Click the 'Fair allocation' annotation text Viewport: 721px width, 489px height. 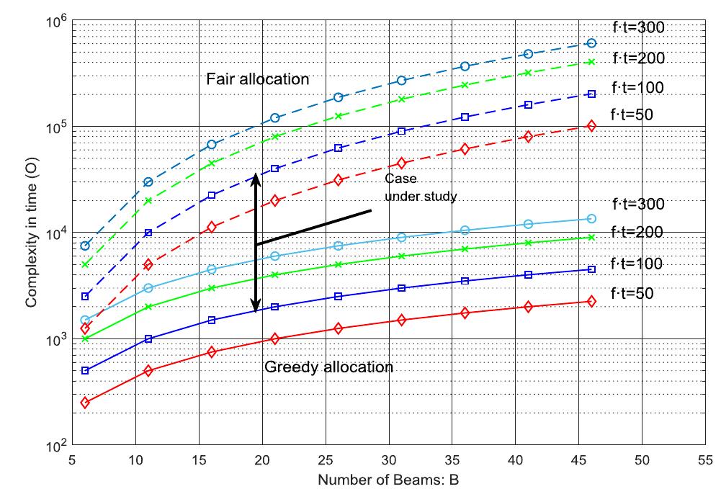tap(257, 79)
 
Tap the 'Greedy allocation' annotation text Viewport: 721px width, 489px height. tap(328, 367)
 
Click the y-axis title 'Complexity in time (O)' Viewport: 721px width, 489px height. tap(31, 233)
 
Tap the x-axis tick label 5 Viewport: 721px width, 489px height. tap(72, 460)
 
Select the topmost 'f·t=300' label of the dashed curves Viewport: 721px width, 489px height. tap(637, 27)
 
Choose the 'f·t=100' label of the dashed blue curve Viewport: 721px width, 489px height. tap(637, 88)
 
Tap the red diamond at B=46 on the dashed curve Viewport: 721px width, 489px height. tap(591, 126)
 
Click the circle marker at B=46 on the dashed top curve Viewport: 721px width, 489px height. tap(591, 43)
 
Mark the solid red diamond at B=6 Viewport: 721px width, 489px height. tap(85, 403)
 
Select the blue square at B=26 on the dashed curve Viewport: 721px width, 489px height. tap(338, 148)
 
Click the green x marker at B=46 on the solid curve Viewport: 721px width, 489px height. tap(591, 238)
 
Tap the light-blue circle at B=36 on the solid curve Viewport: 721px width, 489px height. tap(465, 230)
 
